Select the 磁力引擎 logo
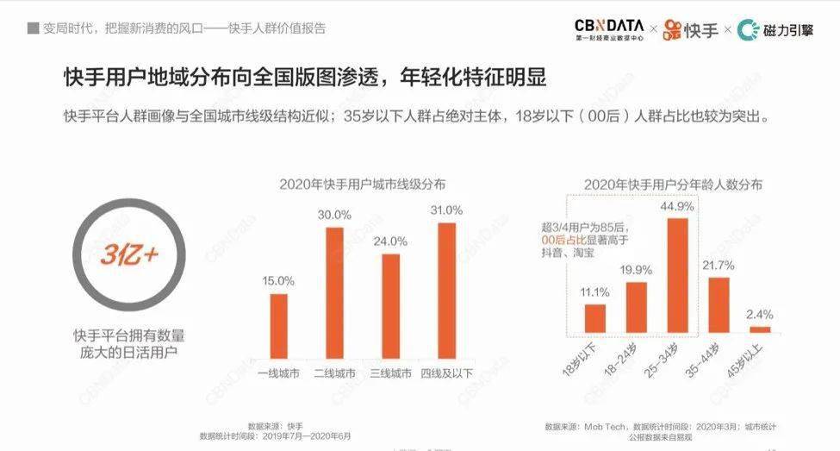(x=775, y=29)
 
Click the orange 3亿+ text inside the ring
(x=129, y=255)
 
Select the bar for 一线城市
(x=278, y=324)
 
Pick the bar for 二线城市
(x=334, y=291)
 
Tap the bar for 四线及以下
(x=446, y=289)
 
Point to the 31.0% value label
(x=446, y=210)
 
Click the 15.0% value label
(x=278, y=281)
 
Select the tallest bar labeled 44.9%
(x=679, y=275)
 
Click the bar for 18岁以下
(x=595, y=318)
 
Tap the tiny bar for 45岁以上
(x=760, y=329)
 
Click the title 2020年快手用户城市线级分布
(x=362, y=185)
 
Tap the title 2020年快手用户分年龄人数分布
(x=672, y=185)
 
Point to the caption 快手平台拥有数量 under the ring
(x=129, y=335)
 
